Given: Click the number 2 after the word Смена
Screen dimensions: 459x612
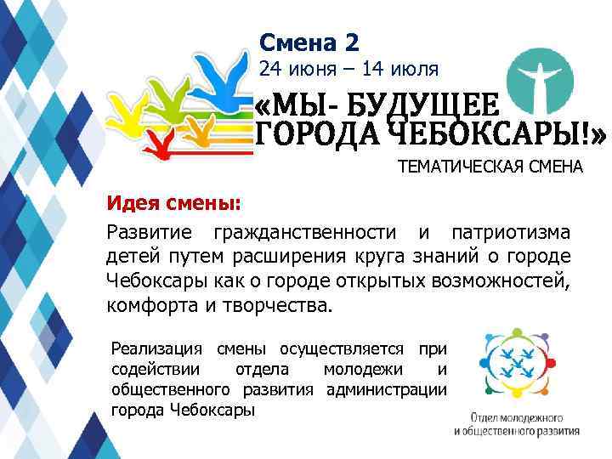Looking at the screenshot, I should [351, 41].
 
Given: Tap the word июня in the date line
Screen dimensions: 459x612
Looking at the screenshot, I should [320, 68].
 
